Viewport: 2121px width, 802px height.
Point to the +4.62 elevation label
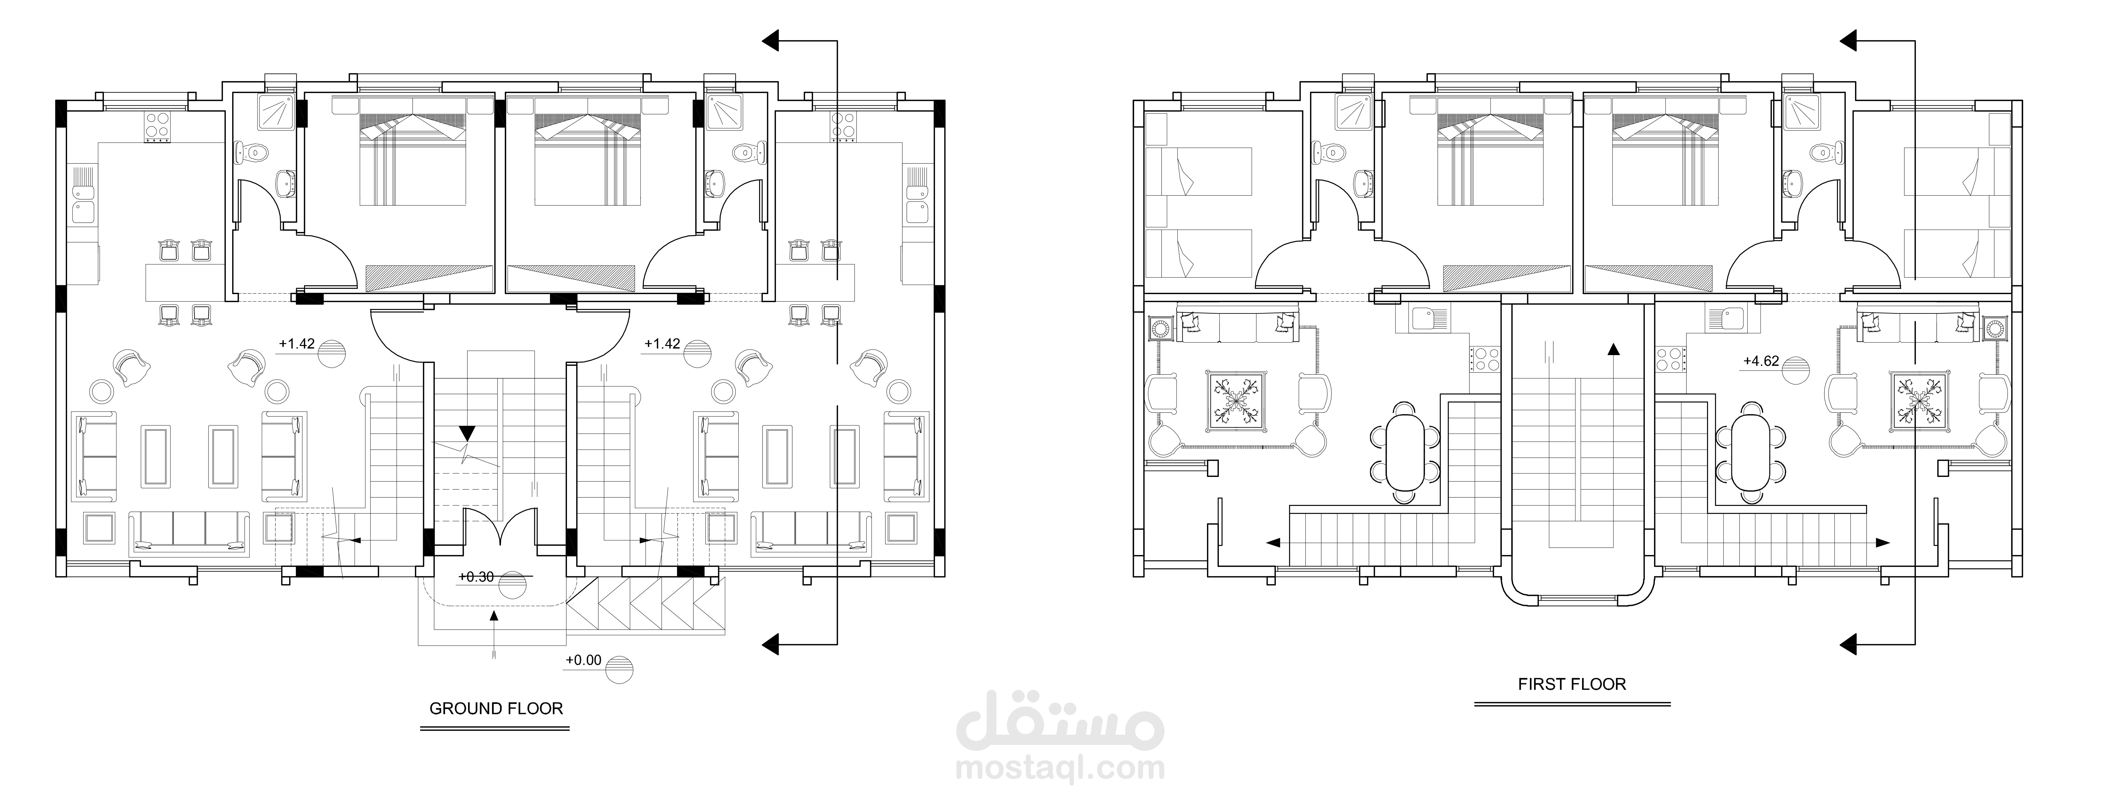pos(1761,361)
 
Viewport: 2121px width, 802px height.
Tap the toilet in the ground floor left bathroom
pos(251,152)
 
